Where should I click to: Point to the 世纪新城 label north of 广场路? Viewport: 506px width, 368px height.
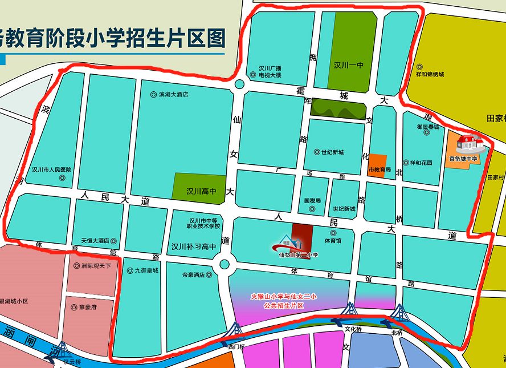click(x=331, y=152)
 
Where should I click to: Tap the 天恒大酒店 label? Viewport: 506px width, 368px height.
click(x=99, y=241)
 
